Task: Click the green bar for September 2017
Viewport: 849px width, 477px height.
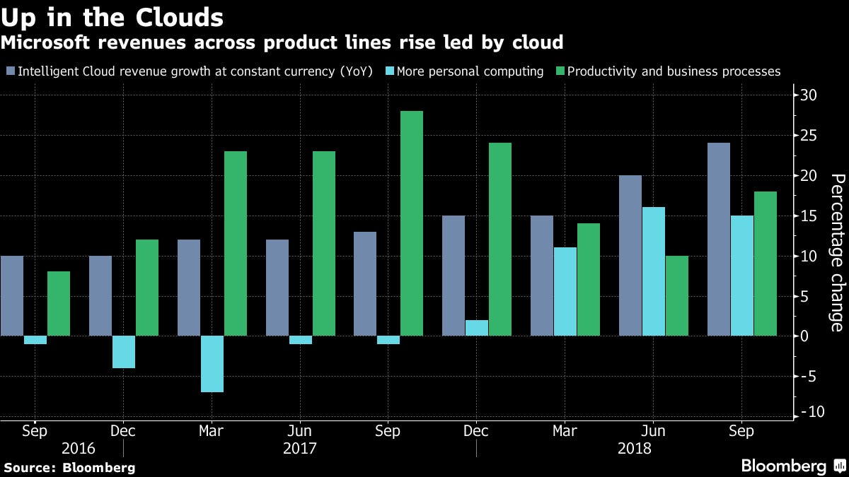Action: click(x=412, y=223)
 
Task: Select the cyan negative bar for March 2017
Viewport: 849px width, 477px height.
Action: click(x=212, y=363)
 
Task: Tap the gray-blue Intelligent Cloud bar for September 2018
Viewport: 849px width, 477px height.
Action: click(x=719, y=239)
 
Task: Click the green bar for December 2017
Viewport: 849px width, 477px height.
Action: click(x=500, y=239)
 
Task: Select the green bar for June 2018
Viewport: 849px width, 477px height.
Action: click(x=676, y=295)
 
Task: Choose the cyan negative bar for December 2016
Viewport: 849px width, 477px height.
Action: click(x=124, y=351)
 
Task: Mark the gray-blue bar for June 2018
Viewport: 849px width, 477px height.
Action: click(x=630, y=255)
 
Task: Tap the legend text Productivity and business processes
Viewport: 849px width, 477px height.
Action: click(x=674, y=71)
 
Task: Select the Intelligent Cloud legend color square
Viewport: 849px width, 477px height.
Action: click(x=10, y=71)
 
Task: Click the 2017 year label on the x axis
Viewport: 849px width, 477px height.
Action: click(x=299, y=448)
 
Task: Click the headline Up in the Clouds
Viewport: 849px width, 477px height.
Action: click(x=113, y=17)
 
